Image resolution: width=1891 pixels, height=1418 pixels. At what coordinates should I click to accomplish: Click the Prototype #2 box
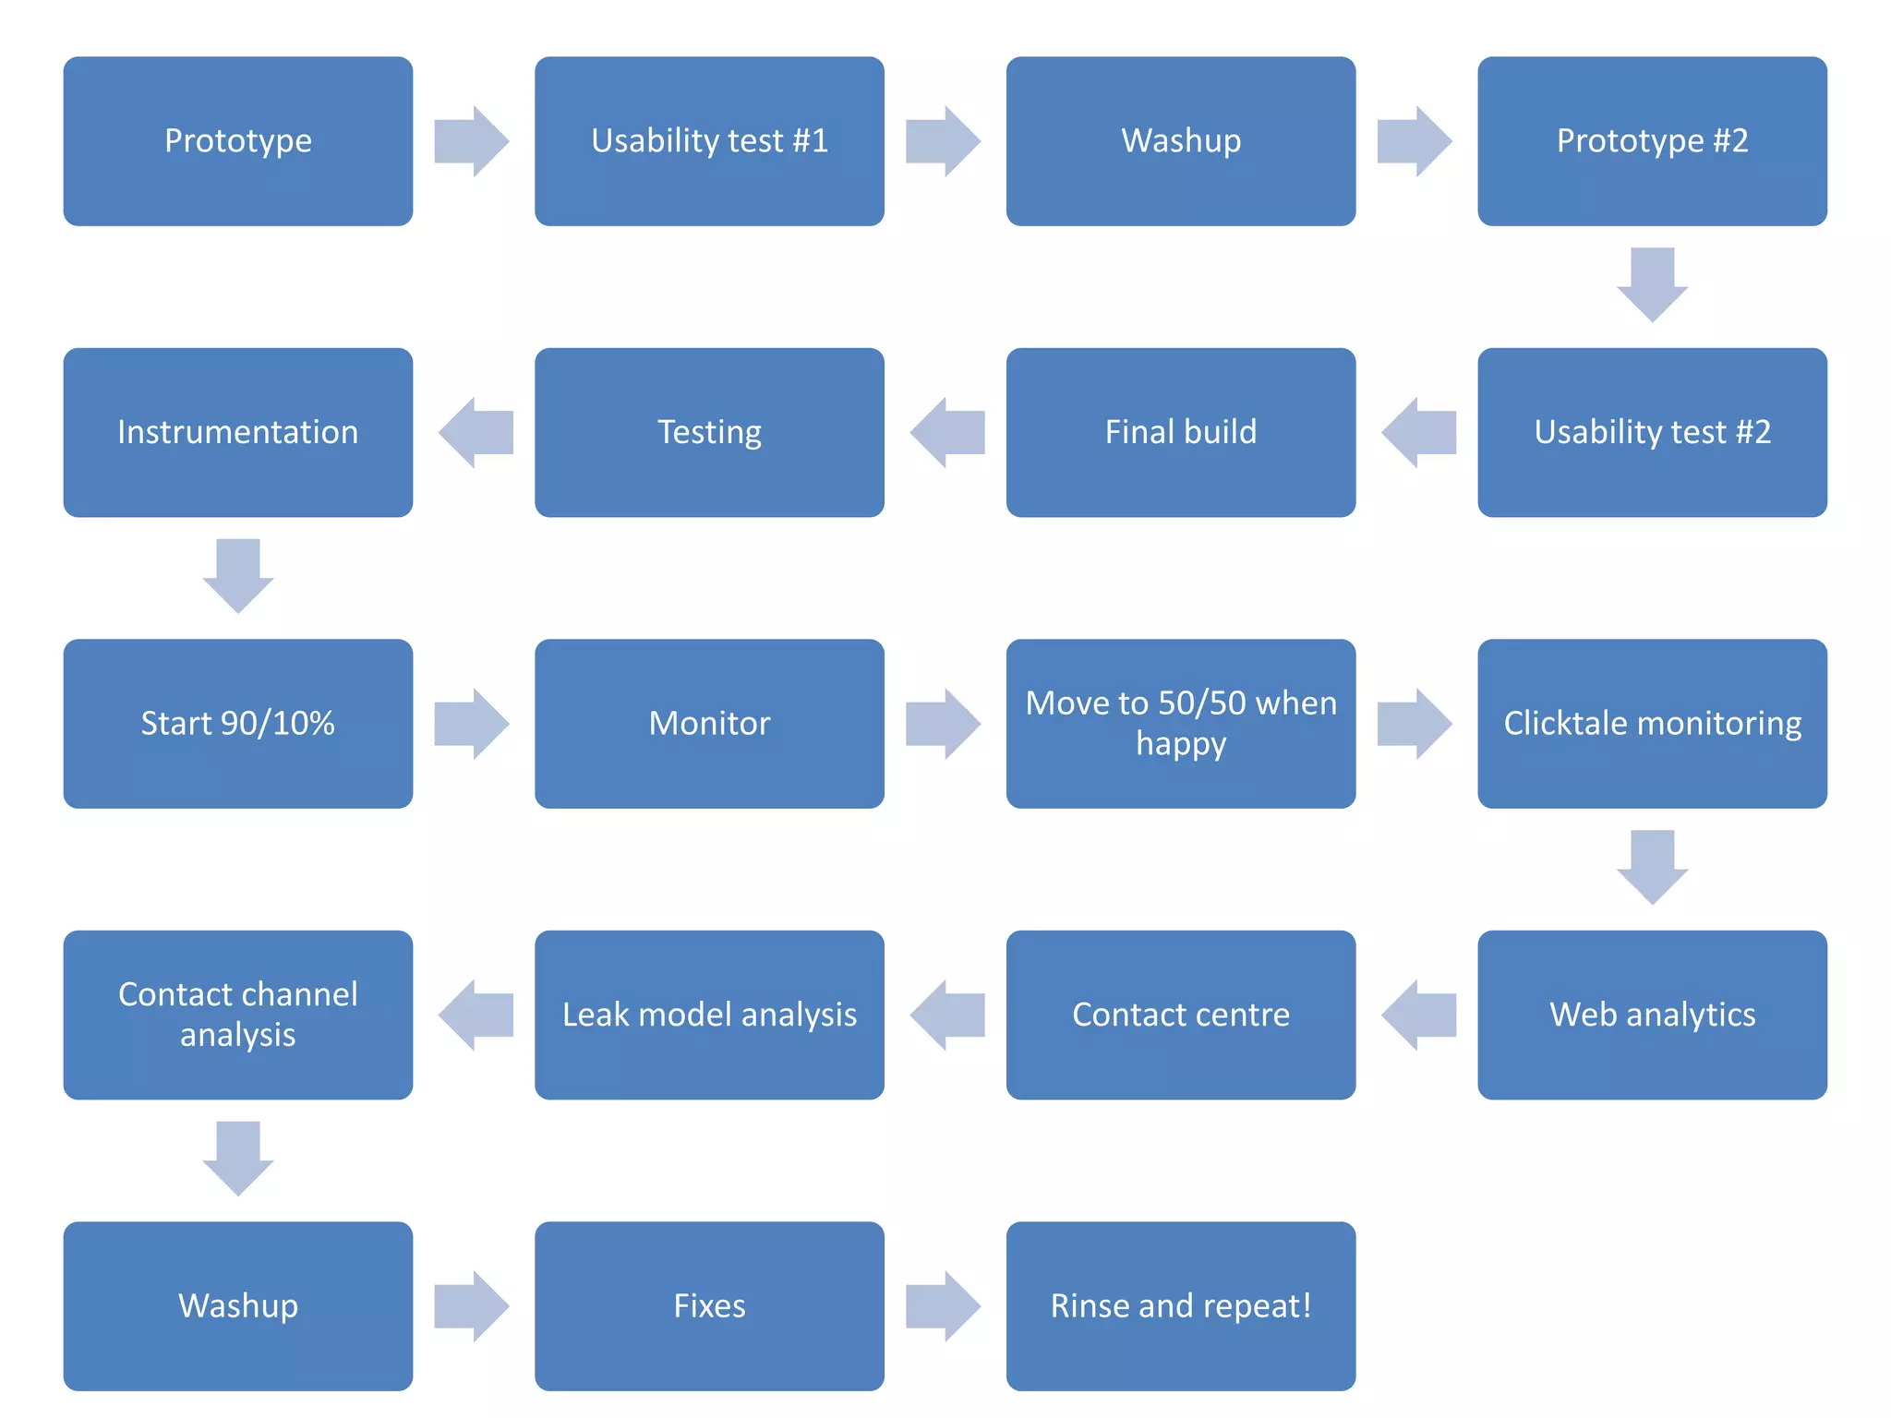[1652, 141]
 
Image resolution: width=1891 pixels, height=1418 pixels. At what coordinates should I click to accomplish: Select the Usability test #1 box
[709, 141]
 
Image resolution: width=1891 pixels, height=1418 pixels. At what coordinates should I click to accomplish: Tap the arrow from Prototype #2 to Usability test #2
[1652, 283]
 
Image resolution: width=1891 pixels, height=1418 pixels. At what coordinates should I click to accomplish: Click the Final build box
[1180, 432]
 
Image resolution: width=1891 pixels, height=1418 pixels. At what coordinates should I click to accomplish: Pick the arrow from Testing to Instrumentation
[476, 432]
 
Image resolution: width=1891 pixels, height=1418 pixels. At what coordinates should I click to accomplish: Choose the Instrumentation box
[237, 432]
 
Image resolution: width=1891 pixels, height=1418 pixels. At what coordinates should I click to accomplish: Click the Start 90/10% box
[237, 723]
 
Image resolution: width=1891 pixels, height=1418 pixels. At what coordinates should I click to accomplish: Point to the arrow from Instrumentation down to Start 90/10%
[237, 574]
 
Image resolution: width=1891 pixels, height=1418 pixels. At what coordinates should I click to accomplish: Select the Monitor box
[709, 723]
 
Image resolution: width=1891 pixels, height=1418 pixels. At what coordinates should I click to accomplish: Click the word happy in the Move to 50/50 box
[1180, 744]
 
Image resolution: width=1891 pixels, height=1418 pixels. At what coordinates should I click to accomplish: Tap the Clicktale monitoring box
[1652, 723]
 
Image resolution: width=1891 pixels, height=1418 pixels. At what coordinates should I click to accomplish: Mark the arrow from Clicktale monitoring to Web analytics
[1652, 866]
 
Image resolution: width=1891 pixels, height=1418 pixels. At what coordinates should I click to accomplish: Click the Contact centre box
[1180, 1015]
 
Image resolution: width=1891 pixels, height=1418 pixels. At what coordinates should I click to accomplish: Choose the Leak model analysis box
[709, 1015]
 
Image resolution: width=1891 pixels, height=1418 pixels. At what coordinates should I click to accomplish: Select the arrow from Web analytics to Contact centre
[1419, 1015]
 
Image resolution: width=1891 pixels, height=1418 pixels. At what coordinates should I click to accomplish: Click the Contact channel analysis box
[237, 1015]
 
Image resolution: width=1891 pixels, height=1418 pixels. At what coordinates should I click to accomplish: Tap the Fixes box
[709, 1305]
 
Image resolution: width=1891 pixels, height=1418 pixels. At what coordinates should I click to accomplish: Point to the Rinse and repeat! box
[1180, 1305]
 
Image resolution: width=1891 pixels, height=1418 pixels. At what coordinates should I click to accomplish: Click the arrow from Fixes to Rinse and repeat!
[943, 1305]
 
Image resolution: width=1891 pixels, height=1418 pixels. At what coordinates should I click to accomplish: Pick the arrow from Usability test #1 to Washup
[943, 141]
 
